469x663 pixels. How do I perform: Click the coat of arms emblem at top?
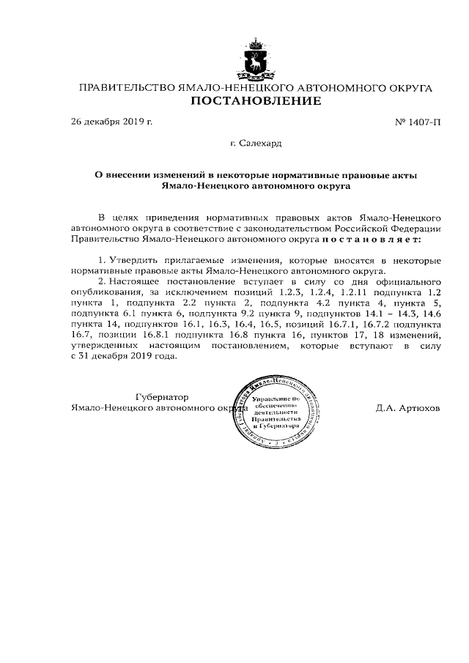(x=256, y=61)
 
